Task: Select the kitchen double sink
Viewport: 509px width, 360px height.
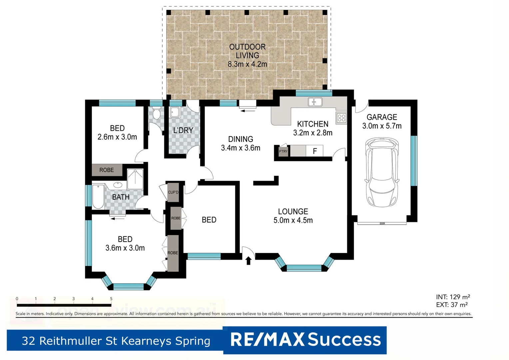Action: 315,102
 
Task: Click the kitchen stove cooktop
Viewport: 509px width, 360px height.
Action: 341,118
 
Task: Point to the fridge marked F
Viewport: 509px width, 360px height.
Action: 314,151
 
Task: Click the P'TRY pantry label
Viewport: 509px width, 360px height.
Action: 283,151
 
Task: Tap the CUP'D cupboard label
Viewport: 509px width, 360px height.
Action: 173,192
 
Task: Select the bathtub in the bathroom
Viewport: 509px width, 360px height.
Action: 98,196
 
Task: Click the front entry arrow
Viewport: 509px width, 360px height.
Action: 248,260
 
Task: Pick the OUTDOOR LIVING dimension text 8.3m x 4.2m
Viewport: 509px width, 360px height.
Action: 247,64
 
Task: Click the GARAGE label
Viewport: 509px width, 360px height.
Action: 382,117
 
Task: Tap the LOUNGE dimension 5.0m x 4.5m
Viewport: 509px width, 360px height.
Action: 293,220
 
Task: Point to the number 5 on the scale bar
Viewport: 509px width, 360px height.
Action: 111,299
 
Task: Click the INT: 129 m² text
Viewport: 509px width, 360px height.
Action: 453,297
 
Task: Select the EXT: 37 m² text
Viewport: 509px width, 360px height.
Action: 452,305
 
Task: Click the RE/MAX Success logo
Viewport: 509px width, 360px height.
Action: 305,340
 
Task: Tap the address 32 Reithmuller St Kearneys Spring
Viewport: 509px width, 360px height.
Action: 116,341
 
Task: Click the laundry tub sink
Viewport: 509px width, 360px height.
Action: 175,112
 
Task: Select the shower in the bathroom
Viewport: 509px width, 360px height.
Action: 135,179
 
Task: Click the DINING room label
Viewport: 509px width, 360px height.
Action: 241,139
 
